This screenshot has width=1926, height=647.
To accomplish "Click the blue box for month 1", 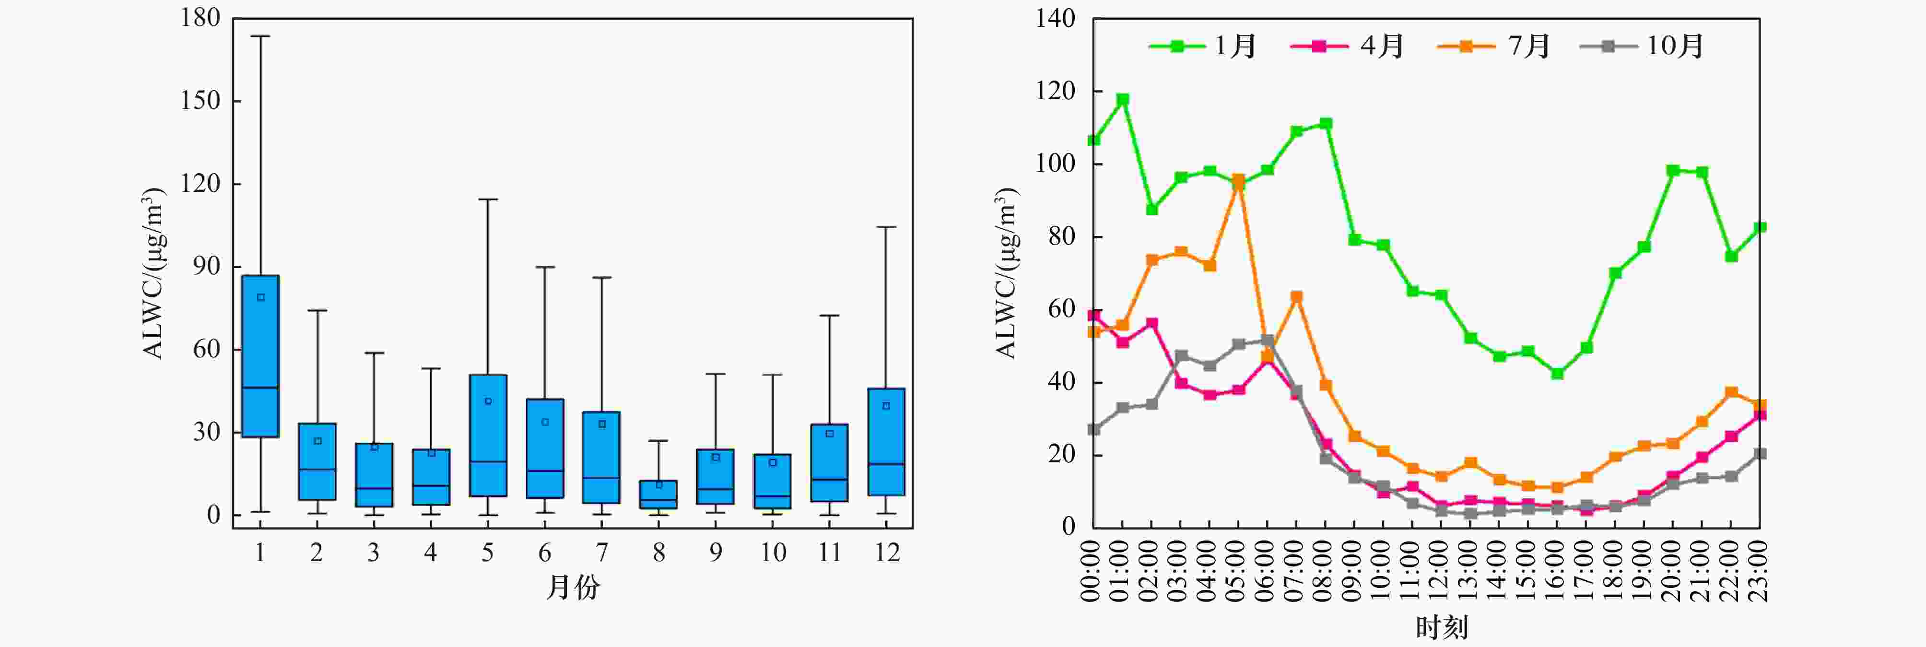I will (260, 355).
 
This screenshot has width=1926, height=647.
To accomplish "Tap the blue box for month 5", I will (487, 435).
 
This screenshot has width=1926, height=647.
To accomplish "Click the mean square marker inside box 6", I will (545, 422).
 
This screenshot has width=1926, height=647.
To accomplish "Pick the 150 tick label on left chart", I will (200, 101).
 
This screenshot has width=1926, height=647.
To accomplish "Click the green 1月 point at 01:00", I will (1122, 99).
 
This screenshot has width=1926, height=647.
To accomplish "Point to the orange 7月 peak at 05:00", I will (1238, 180).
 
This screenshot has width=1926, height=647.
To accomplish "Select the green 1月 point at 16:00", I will (1557, 373).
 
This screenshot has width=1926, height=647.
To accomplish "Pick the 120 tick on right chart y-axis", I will (1055, 91).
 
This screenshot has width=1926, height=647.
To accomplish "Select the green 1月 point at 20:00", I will (1673, 171).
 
